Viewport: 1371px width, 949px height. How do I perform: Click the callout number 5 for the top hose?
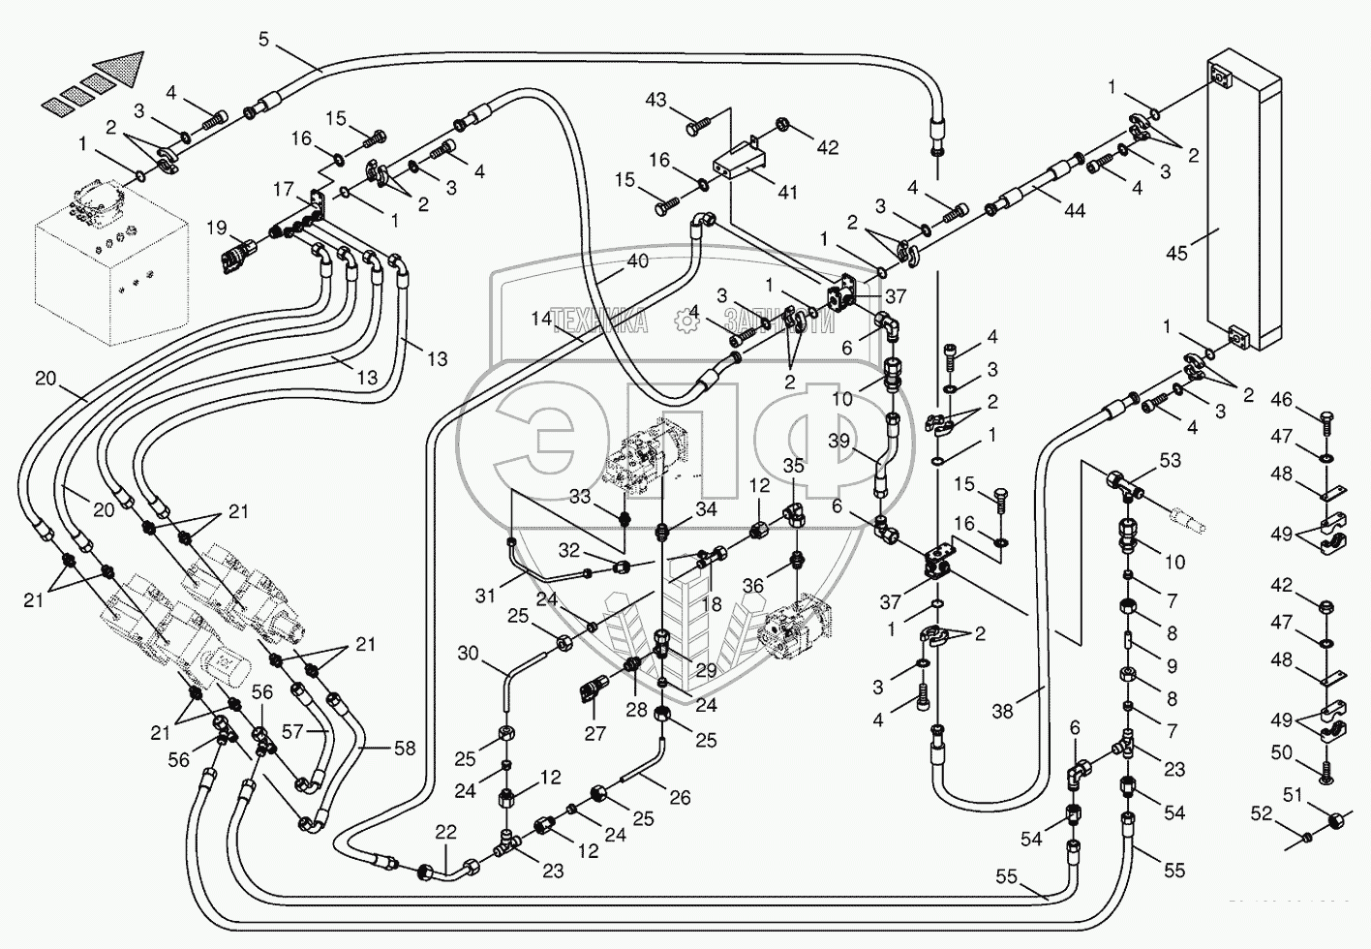pyautogui.click(x=263, y=40)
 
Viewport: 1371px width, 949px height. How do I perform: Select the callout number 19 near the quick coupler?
pyautogui.click(x=215, y=229)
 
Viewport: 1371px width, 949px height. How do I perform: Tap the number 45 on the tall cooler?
pyautogui.click(x=1176, y=254)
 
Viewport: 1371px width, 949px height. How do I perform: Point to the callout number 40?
pyautogui.click(x=636, y=260)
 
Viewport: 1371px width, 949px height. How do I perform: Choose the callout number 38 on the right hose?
pyautogui.click(x=1003, y=711)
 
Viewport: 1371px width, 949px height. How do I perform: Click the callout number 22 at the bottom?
pyautogui.click(x=445, y=832)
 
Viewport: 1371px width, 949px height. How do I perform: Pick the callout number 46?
pyautogui.click(x=1282, y=399)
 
